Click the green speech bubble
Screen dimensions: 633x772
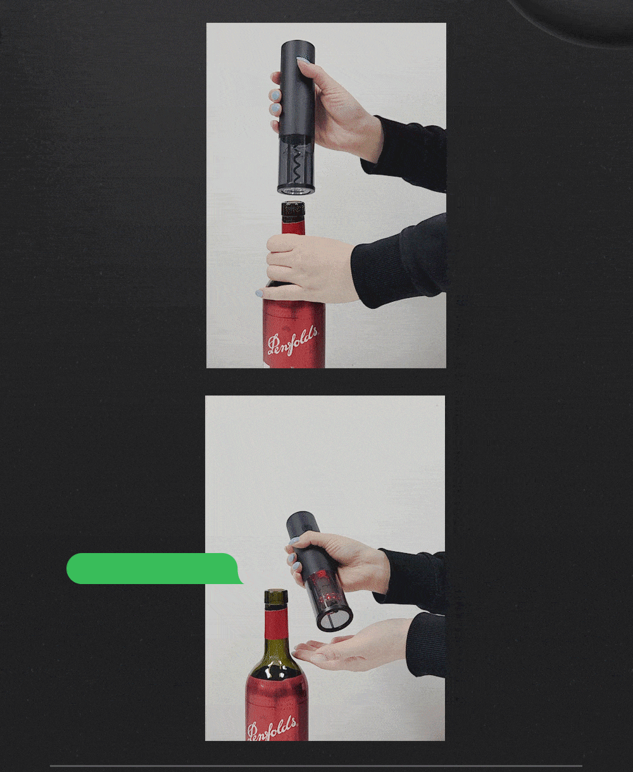point(154,568)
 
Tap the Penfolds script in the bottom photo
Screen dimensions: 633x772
point(272,730)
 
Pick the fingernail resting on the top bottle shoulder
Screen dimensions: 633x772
point(259,293)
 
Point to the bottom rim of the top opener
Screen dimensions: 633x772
point(296,190)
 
